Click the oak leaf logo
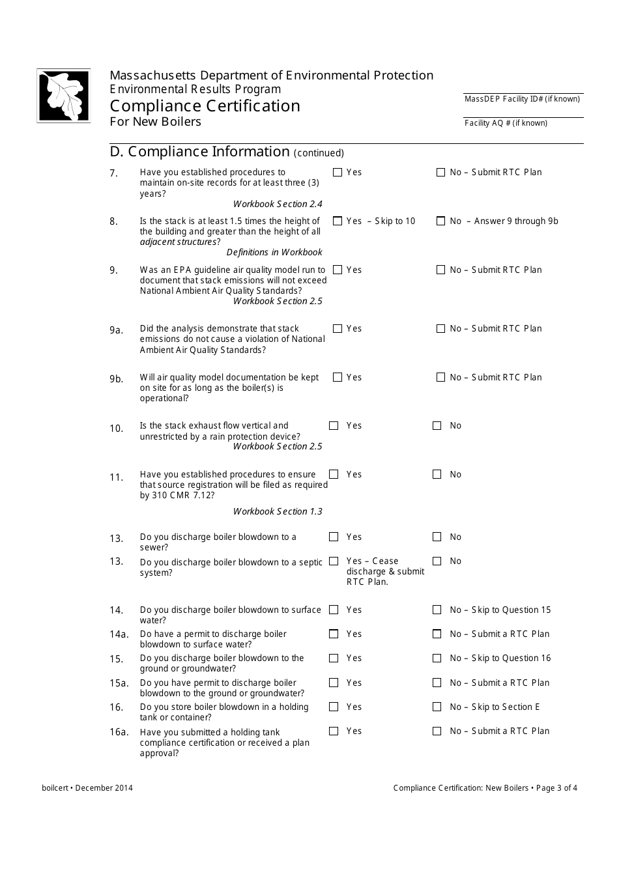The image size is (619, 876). [x=63, y=95]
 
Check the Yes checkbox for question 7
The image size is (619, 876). [x=337, y=173]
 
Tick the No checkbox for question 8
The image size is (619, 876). [x=440, y=221]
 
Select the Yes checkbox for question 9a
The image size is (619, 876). [x=337, y=329]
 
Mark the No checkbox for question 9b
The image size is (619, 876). [x=440, y=378]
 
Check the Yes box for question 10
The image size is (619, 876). [x=334, y=426]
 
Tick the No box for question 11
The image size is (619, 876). [x=437, y=475]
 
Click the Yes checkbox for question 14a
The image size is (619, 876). [x=334, y=634]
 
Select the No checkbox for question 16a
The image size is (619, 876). [x=437, y=731]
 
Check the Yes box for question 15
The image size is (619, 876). [x=334, y=658]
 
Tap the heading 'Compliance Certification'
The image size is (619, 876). [x=205, y=106]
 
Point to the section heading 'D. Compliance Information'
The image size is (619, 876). [x=199, y=151]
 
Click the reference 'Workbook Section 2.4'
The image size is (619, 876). [x=278, y=204]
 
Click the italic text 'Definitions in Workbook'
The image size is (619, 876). [x=274, y=252]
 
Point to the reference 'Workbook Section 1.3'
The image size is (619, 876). [x=278, y=511]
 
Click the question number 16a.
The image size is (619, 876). [x=119, y=732]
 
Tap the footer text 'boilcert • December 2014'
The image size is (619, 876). [x=87, y=788]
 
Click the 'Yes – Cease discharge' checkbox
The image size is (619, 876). [x=334, y=561]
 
